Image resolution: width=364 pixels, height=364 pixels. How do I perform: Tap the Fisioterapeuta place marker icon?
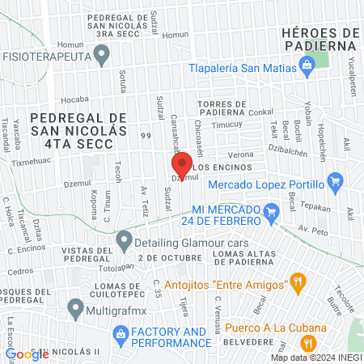coord(101,55)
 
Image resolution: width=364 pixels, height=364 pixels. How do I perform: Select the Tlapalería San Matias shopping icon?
coord(306,70)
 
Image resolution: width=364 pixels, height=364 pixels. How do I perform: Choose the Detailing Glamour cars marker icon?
coord(124,239)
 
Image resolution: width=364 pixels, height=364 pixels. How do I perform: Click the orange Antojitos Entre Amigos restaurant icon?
coord(300,282)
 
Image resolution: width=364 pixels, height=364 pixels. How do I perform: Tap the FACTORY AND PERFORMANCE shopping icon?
coord(121,332)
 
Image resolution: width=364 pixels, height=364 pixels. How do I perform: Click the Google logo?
coord(27,353)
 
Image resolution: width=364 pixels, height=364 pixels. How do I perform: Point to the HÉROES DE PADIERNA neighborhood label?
coord(320,39)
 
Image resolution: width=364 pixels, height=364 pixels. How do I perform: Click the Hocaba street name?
coord(74,101)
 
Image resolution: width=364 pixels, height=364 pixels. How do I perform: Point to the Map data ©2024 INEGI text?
coord(315,357)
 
